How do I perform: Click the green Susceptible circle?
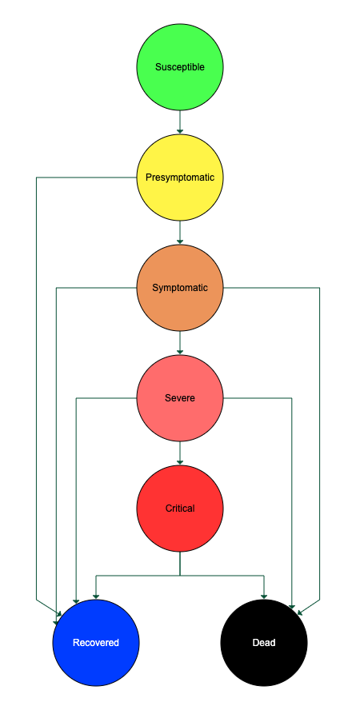click(x=180, y=67)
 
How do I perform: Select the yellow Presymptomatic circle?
click(x=180, y=177)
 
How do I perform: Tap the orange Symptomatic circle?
click(x=180, y=288)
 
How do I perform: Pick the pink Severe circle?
click(x=180, y=398)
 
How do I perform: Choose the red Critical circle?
click(x=180, y=509)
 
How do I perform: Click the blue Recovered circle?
click(x=96, y=643)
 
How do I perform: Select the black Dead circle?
click(x=264, y=643)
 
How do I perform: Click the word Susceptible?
click(x=180, y=67)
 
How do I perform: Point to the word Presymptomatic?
click(x=180, y=177)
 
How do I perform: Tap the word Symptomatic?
click(x=180, y=288)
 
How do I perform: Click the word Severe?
click(x=180, y=398)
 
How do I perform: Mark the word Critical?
click(x=180, y=509)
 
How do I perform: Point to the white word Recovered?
click(x=96, y=643)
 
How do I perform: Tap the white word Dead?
click(x=264, y=643)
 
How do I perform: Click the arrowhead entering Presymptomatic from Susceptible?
click(x=180, y=131)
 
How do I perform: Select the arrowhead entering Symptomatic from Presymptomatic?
click(x=180, y=241)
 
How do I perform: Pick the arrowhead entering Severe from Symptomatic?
click(x=180, y=353)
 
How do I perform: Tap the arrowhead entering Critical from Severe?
click(x=180, y=462)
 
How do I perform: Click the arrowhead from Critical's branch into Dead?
click(x=264, y=596)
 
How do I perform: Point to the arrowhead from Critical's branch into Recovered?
click(x=96, y=596)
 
